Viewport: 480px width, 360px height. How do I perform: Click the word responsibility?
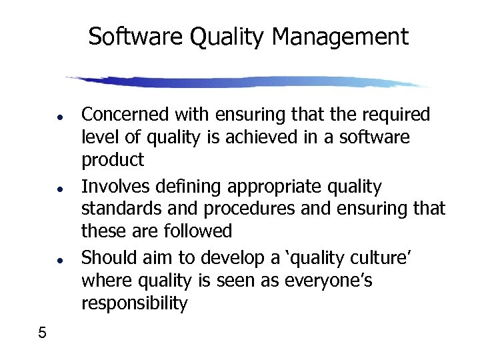(x=134, y=304)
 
